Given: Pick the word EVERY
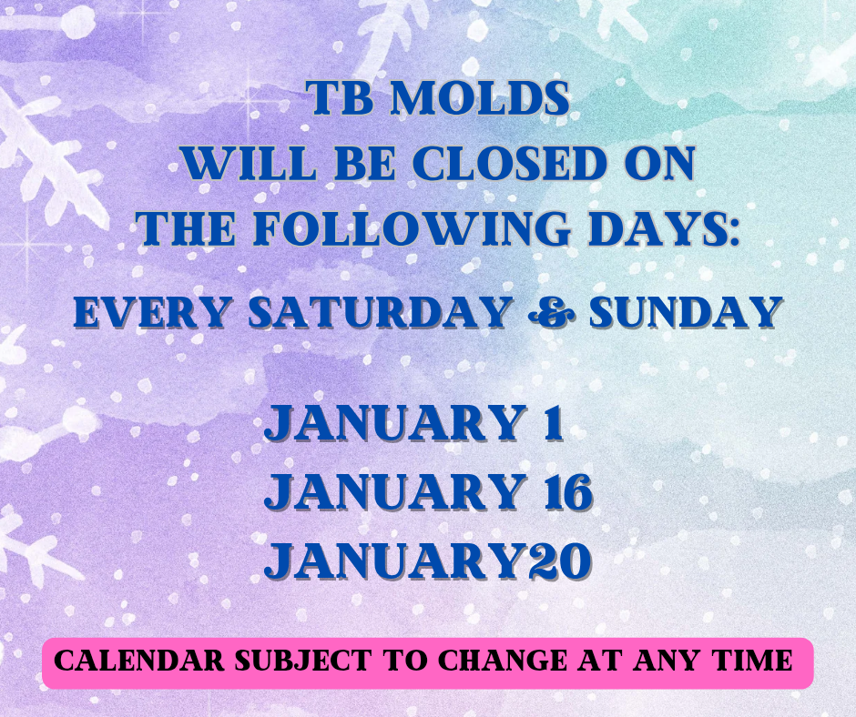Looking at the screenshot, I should tap(155, 313).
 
